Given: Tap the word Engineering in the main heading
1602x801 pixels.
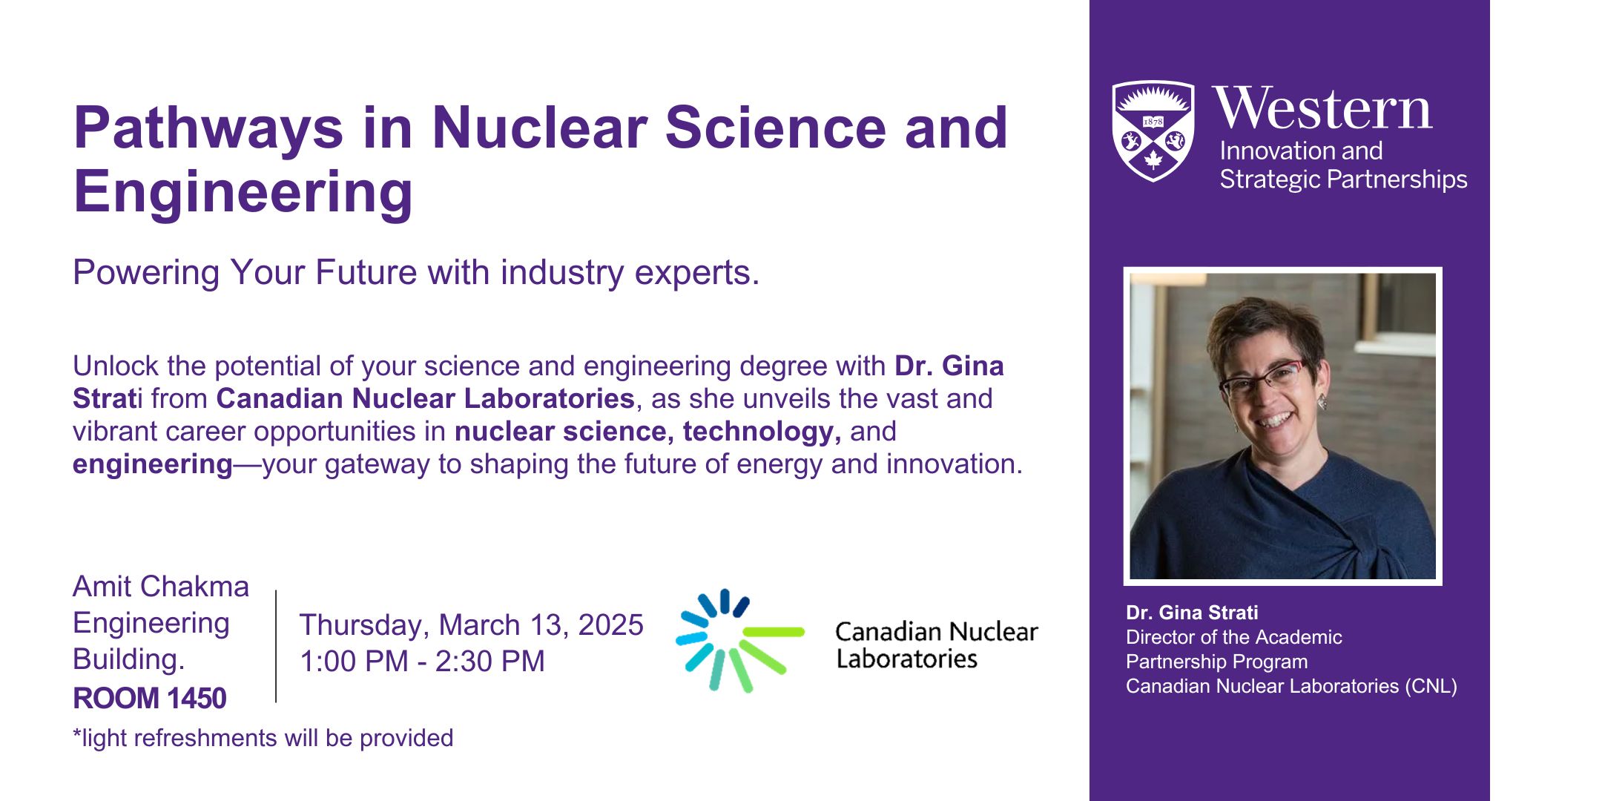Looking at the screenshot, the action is [243, 191].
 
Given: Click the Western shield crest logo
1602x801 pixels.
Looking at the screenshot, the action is [1153, 131].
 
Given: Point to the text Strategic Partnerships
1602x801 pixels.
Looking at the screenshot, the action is [1343, 179].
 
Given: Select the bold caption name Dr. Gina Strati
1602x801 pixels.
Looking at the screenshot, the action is [1192, 613].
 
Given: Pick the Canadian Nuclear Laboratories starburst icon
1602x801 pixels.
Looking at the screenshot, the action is [739, 640].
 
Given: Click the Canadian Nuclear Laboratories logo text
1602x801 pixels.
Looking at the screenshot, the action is [937, 645].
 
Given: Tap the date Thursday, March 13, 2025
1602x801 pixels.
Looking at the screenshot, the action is [471, 625].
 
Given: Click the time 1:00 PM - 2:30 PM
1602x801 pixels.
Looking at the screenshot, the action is [422, 661].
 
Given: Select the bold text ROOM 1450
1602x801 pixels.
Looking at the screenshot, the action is [149, 699].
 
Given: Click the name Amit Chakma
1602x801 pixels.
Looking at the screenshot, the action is [161, 587].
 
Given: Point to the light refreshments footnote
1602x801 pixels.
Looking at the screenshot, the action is [263, 738].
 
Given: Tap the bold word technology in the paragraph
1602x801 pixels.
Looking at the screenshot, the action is [762, 432].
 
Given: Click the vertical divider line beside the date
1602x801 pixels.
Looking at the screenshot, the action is [276, 646].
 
